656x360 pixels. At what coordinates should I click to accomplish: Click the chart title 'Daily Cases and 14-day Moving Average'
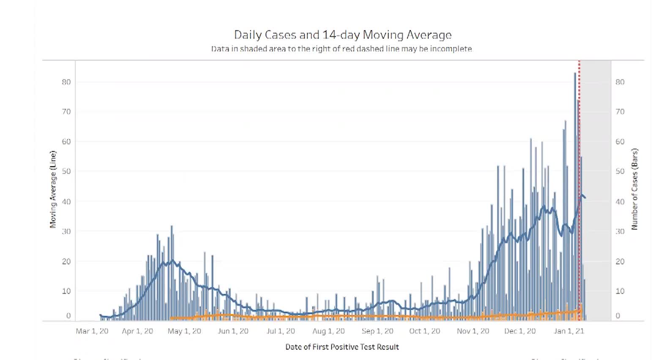click(x=343, y=35)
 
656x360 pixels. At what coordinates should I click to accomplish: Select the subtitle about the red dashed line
click(x=342, y=49)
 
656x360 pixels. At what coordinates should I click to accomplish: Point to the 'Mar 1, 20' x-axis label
click(x=92, y=331)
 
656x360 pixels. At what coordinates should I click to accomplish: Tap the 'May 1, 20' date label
click(x=184, y=331)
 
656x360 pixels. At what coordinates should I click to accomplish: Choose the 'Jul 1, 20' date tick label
click(x=281, y=331)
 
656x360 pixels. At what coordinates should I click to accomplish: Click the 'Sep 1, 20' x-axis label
click(x=377, y=331)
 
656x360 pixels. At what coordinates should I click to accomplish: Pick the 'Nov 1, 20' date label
click(x=473, y=331)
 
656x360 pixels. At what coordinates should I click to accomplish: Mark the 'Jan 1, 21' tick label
click(x=569, y=331)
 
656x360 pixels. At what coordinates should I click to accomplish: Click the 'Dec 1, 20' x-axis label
click(x=520, y=331)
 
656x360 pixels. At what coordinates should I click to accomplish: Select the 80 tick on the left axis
click(x=66, y=82)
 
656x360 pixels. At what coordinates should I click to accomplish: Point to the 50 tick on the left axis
click(x=66, y=172)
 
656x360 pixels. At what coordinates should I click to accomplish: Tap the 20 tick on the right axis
click(x=620, y=262)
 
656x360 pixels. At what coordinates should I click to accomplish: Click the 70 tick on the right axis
click(x=620, y=112)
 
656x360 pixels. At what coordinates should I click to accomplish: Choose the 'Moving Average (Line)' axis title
click(x=53, y=189)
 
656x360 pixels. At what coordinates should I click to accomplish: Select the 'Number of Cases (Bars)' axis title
click(x=634, y=189)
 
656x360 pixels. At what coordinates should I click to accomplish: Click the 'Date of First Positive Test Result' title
click(x=342, y=347)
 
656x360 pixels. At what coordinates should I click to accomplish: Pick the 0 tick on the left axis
click(x=68, y=316)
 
